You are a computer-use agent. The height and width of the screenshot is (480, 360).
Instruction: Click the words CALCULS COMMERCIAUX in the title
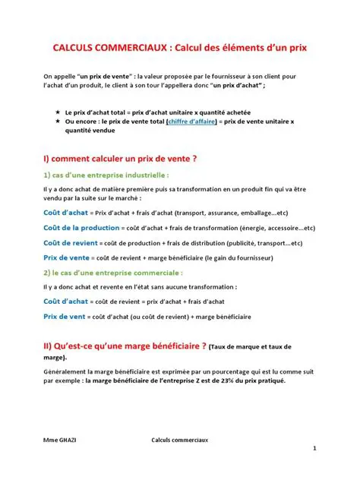pyautogui.click(x=111, y=47)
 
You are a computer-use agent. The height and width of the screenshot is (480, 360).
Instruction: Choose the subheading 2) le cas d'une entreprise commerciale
pyautogui.click(x=113, y=272)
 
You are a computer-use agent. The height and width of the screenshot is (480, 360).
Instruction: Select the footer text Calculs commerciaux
pyautogui.click(x=181, y=439)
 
